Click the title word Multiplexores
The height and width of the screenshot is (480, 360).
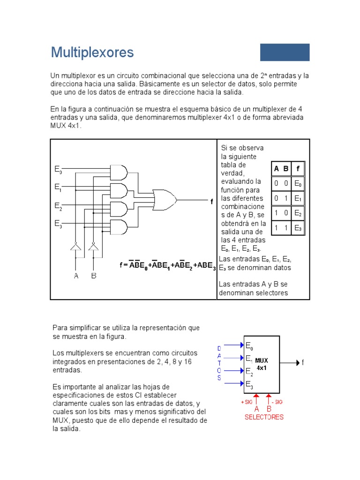point(92,52)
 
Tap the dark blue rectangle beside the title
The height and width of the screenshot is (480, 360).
point(285,52)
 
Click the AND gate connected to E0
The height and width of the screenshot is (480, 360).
point(118,172)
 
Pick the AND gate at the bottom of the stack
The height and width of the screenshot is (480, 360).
point(118,227)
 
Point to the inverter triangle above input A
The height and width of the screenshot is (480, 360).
point(75,247)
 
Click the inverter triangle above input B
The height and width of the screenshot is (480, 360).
point(94,247)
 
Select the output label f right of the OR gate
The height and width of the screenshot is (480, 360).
point(211,202)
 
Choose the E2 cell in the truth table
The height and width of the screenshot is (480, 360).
point(298,213)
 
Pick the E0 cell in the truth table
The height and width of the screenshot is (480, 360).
point(298,183)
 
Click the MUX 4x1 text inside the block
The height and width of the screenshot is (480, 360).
point(262,364)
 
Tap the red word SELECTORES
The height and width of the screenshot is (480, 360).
point(264,417)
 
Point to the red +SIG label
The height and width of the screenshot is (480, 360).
point(247,402)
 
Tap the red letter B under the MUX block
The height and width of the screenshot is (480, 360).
point(269,409)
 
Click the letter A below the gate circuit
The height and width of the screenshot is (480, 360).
point(76,276)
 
